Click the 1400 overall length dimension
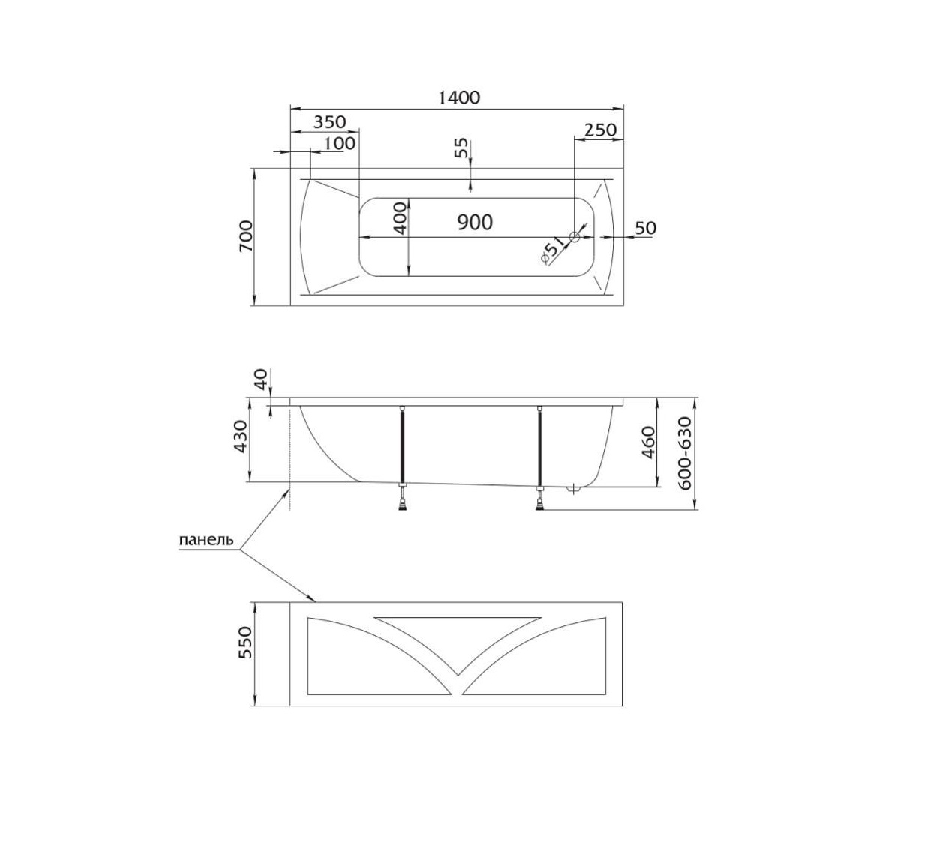click(x=459, y=97)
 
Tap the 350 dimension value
click(x=330, y=122)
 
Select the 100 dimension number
click(x=340, y=144)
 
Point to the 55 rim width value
click(x=461, y=148)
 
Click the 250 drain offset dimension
click(x=601, y=130)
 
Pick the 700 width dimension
click(x=245, y=235)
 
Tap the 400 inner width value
click(x=400, y=218)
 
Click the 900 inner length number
click(x=475, y=222)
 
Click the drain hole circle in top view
click(x=574, y=237)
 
